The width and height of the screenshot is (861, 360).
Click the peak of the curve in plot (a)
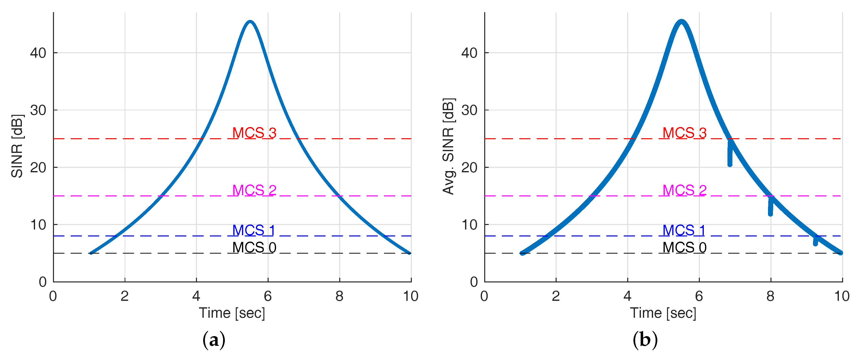tap(250, 22)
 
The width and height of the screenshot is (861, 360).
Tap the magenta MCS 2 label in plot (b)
tap(684, 190)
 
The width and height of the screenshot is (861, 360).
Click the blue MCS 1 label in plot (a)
tap(254, 230)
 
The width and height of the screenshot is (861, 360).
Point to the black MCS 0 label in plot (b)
tap(684, 248)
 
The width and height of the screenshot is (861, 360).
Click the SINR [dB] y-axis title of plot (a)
tap(17, 146)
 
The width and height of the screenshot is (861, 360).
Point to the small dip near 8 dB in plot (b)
tap(815, 241)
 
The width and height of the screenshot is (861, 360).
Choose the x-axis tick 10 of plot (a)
tap(411, 296)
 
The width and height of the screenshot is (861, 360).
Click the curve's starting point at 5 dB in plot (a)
tap(91, 253)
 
